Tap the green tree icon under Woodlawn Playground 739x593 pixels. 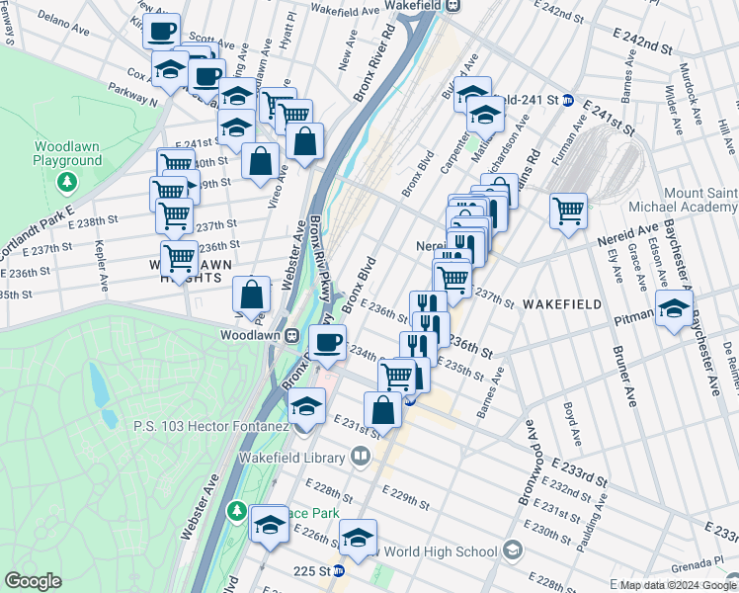(x=66, y=182)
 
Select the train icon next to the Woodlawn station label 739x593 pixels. (x=293, y=336)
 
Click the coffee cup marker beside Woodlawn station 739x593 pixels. (x=328, y=343)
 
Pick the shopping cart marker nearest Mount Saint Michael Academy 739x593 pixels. (x=569, y=211)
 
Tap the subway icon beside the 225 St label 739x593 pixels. (x=338, y=570)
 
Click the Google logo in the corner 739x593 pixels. (x=34, y=580)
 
